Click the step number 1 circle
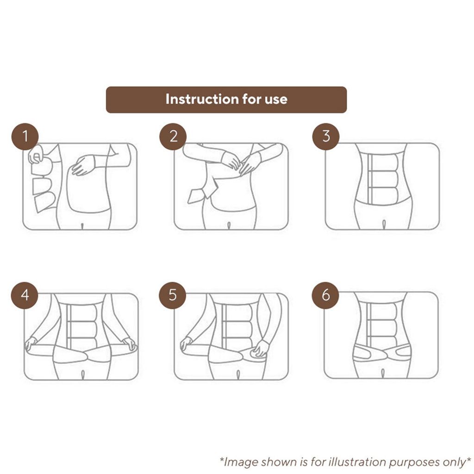pos(25,137)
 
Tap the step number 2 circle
pos(173,137)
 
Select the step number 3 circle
pos(326,137)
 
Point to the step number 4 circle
pos(25,295)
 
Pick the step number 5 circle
pos(173,295)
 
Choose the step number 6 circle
pos(325,295)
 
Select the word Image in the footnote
pos(241,462)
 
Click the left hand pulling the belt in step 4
pos(31,344)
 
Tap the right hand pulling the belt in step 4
pos(129,344)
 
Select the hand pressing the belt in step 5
pos(261,348)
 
